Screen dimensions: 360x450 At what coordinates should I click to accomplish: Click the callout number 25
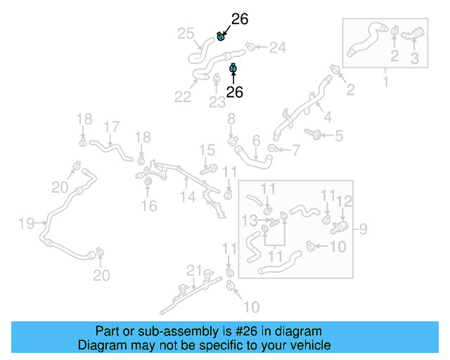tap(186, 33)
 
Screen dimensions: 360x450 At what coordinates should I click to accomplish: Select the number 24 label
tap(278, 48)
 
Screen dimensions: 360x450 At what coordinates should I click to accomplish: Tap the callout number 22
tap(183, 97)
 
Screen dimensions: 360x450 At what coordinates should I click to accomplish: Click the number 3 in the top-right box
tap(414, 58)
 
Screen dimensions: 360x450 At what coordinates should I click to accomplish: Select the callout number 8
tap(231, 120)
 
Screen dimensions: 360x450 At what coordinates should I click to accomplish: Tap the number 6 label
tap(256, 140)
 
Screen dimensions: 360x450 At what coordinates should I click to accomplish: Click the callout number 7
tap(295, 149)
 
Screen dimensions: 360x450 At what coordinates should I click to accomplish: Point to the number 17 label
tap(111, 127)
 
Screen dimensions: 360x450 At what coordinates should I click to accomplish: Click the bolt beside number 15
tap(210, 169)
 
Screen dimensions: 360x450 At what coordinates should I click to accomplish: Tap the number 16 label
tap(148, 206)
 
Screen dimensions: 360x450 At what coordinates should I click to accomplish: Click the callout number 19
tap(26, 224)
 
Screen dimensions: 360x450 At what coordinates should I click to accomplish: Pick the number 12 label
tap(343, 202)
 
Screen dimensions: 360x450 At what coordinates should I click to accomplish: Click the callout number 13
tap(250, 220)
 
